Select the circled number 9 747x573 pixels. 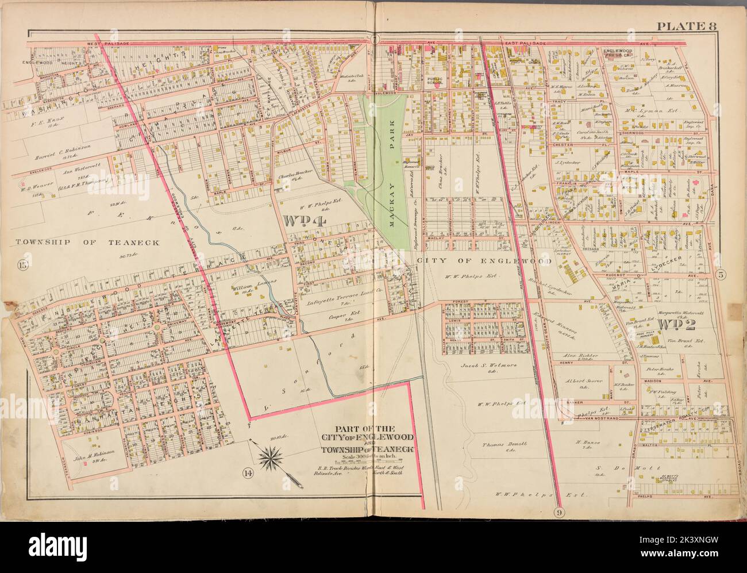[559, 512]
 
